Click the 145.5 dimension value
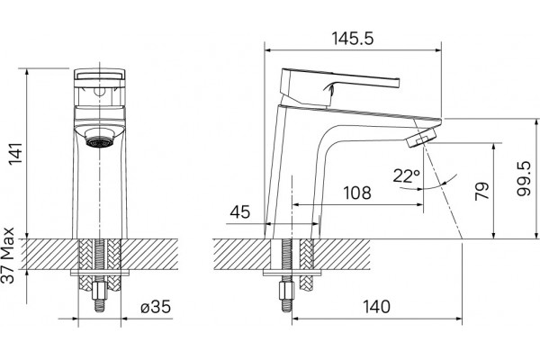coord(352,38)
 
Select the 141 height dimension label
coord(15,153)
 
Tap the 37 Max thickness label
coord(8,256)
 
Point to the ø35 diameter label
coord(156,307)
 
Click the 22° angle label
coord(407,176)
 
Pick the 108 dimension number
coord(357,193)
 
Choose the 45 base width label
coord(240,212)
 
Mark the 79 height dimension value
coord(482,191)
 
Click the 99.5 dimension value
coord(524,178)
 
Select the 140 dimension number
coord(377,307)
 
